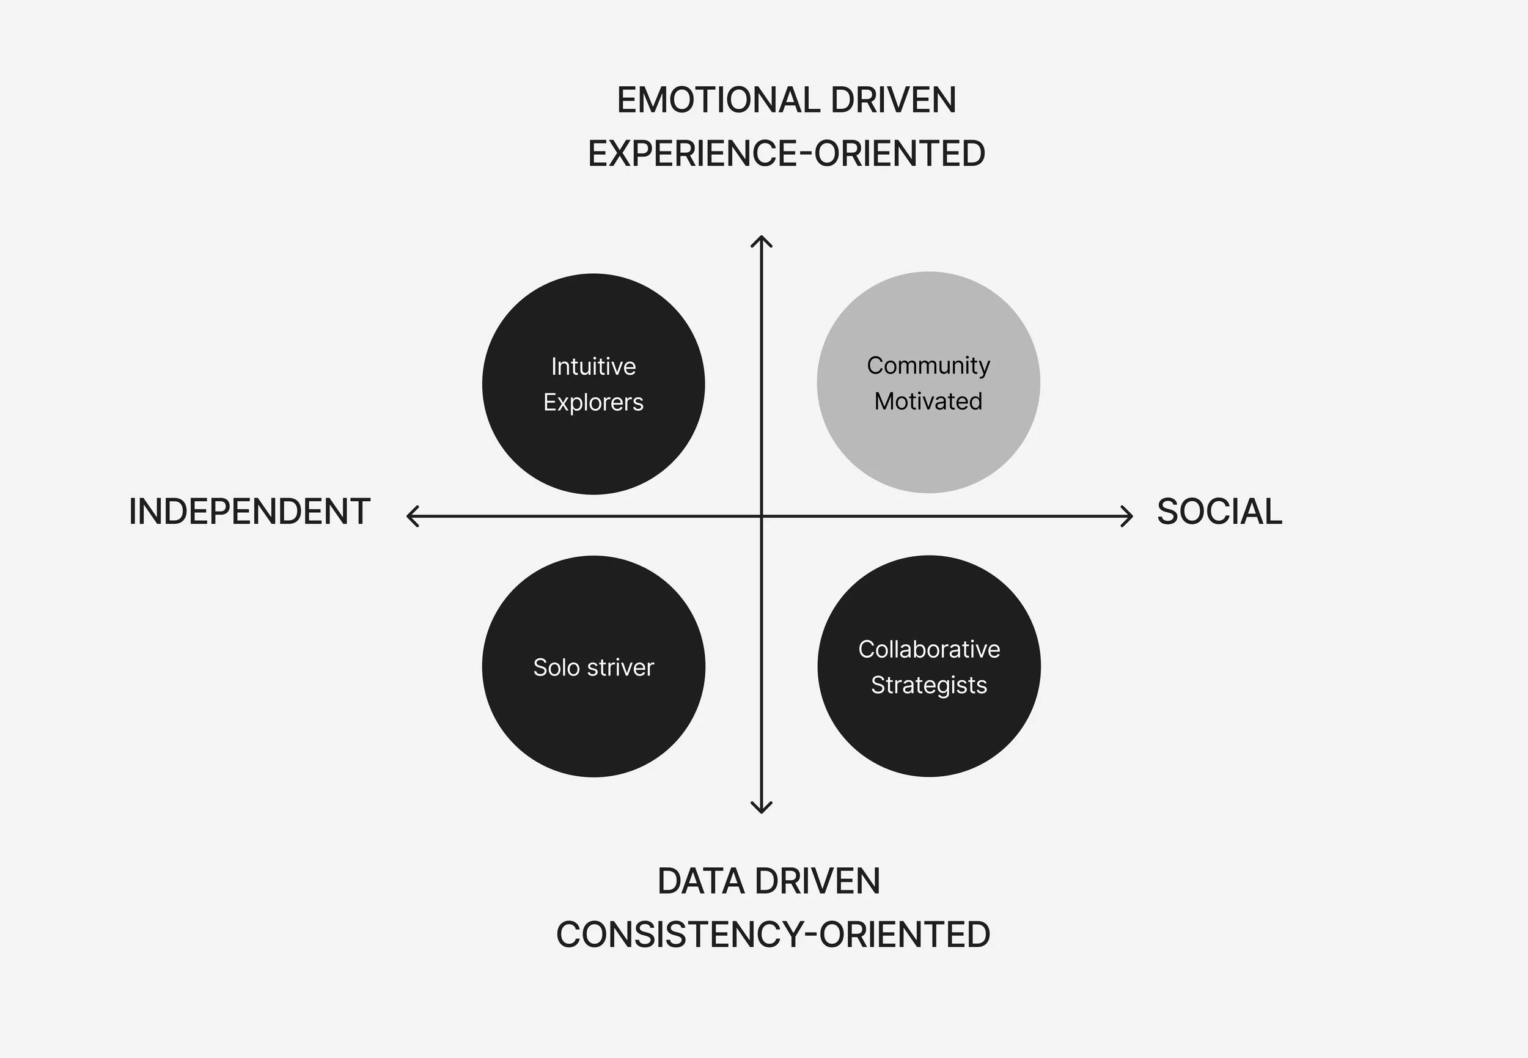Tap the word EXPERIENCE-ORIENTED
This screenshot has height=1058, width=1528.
(786, 154)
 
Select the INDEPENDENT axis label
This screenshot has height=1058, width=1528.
(249, 512)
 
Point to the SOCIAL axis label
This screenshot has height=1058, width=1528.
(1219, 512)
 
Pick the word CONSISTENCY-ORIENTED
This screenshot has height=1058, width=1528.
(773, 935)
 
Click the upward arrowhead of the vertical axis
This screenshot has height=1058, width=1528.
(761, 240)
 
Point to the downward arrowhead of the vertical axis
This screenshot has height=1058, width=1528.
(761, 809)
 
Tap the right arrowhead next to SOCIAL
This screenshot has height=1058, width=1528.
(1128, 516)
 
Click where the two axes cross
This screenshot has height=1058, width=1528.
(761, 516)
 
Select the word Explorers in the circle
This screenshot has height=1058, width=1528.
(593, 402)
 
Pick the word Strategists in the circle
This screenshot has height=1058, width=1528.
(929, 685)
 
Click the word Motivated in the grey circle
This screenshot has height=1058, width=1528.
(928, 401)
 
